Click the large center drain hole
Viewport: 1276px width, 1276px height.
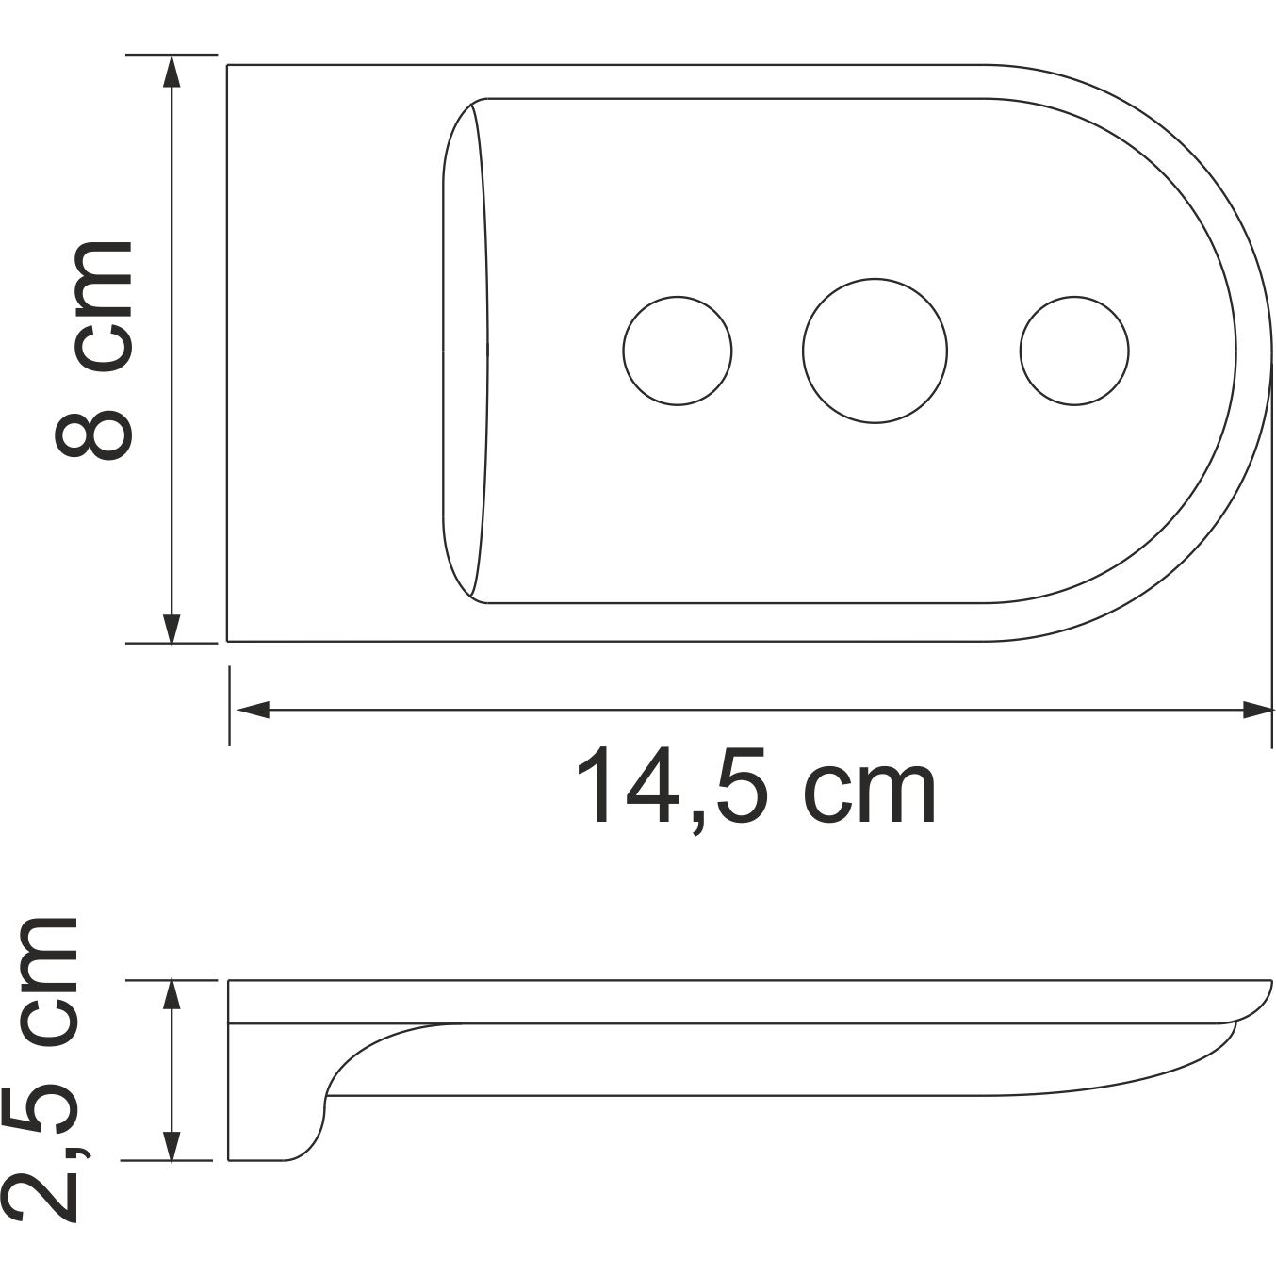pos(875,351)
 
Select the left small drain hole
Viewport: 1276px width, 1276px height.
pos(678,351)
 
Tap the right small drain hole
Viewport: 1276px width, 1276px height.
pos(1073,351)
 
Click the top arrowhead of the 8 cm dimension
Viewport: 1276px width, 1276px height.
pos(172,72)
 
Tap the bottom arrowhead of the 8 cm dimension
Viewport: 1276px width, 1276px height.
pos(172,629)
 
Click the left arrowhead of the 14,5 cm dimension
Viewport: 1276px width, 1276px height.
pos(251,710)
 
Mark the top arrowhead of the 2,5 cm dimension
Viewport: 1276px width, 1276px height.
pos(172,995)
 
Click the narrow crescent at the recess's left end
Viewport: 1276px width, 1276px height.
pos(466,351)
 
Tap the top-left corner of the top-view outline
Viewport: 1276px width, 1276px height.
pos(228,66)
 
